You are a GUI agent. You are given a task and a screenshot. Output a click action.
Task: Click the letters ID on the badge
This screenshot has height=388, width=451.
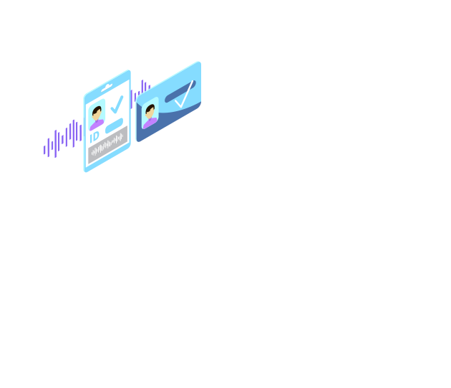(94, 137)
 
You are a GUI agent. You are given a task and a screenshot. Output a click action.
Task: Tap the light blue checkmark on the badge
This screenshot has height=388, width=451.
(117, 105)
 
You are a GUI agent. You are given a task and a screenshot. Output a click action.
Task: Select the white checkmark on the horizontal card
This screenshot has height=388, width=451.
(184, 94)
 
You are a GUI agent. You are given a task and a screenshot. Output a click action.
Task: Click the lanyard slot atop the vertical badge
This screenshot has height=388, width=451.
(107, 87)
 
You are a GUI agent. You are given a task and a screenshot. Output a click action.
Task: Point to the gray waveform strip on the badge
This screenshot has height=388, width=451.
(108, 144)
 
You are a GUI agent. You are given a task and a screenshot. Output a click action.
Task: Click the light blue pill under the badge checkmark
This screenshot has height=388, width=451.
(115, 126)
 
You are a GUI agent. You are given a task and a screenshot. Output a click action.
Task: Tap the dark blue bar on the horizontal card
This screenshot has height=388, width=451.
(180, 91)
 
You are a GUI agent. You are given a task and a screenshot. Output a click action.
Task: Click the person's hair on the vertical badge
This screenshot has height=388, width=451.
(97, 110)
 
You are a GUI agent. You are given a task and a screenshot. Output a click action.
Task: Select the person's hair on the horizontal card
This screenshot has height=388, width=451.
(150, 108)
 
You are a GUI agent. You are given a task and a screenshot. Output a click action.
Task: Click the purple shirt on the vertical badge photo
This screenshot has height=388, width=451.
(97, 125)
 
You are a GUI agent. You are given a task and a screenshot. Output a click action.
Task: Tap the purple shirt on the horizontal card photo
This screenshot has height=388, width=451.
(150, 123)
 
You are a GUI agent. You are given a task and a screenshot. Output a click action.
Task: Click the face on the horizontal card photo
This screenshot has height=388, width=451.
(150, 113)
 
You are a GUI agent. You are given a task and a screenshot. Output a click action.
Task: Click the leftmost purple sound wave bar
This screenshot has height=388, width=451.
(44, 150)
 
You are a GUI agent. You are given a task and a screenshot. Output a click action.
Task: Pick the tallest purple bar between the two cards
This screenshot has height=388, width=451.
(142, 87)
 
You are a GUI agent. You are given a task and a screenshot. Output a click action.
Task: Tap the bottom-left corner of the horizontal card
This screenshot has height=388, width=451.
(138, 141)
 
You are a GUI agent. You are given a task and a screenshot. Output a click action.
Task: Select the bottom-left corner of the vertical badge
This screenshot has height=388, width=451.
(85, 171)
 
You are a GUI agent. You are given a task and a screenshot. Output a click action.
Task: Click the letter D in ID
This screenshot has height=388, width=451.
(97, 136)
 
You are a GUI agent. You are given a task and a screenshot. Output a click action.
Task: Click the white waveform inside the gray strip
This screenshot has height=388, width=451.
(107, 144)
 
